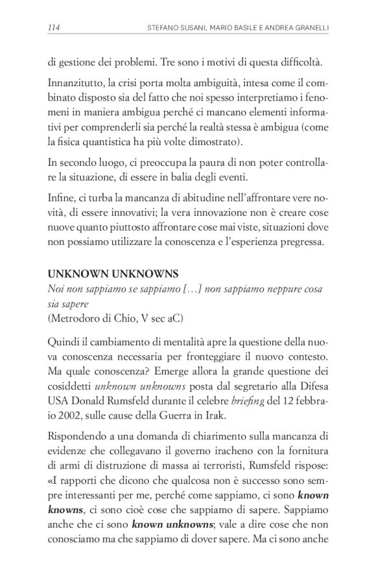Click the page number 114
[54, 28]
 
